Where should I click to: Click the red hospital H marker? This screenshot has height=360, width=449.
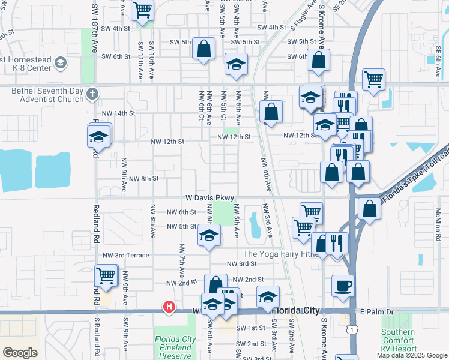[x=169, y=307]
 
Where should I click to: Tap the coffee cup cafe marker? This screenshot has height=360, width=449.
[x=343, y=286]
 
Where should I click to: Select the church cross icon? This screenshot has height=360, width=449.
[x=92, y=93]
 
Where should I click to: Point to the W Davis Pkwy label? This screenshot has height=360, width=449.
[x=209, y=197]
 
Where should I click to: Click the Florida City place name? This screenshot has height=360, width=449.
[x=295, y=311]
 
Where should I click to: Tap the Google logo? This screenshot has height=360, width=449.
[x=19, y=352]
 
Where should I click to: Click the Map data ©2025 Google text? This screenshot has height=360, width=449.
[x=412, y=355]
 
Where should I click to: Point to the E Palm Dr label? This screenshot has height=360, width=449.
[x=376, y=311]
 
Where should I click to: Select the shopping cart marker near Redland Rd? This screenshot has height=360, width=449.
[x=106, y=275]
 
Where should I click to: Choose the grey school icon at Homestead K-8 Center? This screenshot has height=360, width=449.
[x=60, y=62]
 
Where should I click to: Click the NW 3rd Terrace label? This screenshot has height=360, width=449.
[x=125, y=255]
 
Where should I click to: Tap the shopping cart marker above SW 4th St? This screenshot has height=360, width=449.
[x=143, y=10]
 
